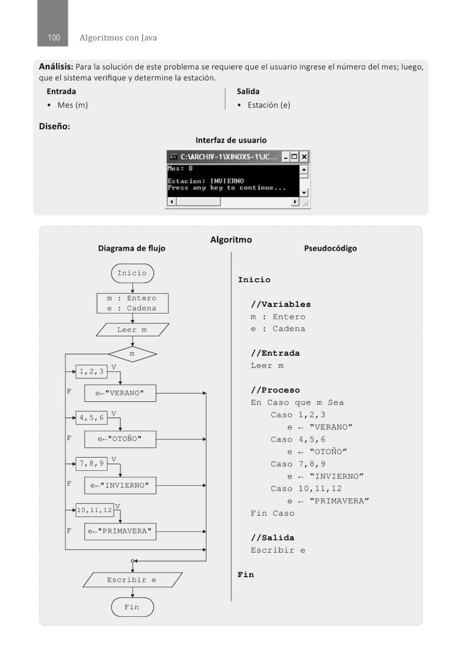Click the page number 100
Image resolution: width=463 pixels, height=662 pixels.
[54, 37]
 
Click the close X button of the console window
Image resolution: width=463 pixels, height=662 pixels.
[304, 157]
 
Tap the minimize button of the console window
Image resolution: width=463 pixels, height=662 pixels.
[285, 157]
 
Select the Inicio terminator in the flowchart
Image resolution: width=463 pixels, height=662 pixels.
[132, 273]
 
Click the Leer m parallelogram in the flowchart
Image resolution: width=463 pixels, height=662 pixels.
[132, 330]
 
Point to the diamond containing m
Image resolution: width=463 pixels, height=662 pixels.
[132, 354]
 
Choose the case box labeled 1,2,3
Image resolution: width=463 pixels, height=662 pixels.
[91, 371]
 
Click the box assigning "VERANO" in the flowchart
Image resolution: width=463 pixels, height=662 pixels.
[120, 393]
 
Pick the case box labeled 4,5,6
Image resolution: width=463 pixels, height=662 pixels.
[91, 417]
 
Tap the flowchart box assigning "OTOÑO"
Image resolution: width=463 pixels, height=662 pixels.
[120, 439]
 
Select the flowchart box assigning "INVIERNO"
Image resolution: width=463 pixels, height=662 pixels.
[120, 485]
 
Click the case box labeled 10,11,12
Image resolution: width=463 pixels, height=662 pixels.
[94, 510]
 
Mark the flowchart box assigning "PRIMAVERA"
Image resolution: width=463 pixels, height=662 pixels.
[120, 531]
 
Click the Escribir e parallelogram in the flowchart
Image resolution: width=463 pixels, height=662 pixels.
[132, 580]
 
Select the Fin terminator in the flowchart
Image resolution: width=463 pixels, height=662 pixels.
[132, 607]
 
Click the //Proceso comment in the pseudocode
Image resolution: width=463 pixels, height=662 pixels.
[275, 390]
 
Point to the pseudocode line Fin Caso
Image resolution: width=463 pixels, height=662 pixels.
[272, 513]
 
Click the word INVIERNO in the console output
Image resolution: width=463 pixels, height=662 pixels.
[227, 181]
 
